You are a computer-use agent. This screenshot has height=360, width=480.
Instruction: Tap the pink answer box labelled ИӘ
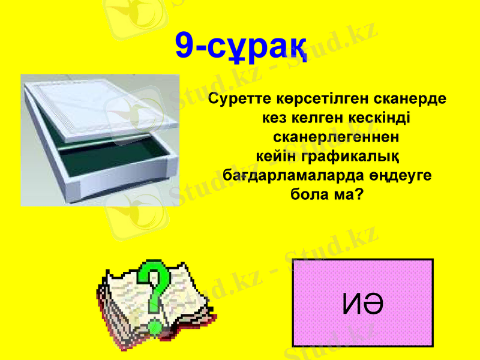point(363,303)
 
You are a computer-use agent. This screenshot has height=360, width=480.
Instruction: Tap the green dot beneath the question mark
point(155,327)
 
